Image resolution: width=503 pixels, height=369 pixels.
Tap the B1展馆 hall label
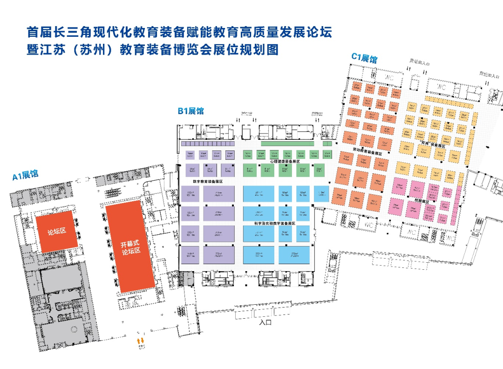(190, 111)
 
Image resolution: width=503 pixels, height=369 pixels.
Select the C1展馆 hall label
(364, 58)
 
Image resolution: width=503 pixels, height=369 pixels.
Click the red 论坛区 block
(54, 232)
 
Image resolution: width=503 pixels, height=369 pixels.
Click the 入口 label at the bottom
(265, 322)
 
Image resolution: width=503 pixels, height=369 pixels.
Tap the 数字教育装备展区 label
(208, 181)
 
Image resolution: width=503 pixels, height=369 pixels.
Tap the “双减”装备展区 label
(433, 145)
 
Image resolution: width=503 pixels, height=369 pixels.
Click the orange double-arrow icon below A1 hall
(140, 342)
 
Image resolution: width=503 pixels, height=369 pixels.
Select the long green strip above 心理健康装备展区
(291, 144)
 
